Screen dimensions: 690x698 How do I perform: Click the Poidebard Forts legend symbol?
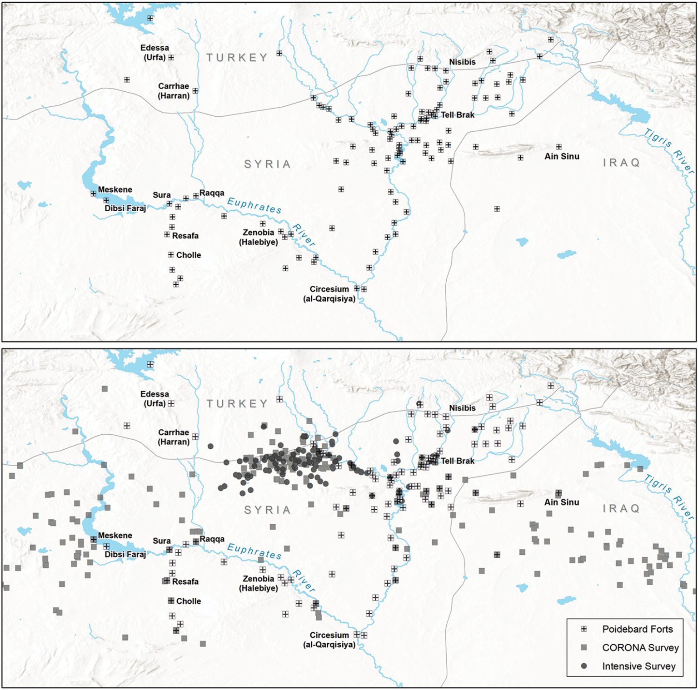tap(584, 629)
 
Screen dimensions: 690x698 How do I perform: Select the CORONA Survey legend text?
tap(640, 648)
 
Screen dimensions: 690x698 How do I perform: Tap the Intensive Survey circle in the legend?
tap(584, 666)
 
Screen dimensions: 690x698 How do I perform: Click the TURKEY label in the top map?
tap(237, 58)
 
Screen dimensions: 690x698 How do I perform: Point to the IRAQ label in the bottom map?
tap(622, 508)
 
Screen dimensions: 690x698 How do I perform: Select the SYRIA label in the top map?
tap(267, 164)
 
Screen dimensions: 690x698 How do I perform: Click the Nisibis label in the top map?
tap(462, 62)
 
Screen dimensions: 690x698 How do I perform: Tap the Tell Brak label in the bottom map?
tap(457, 461)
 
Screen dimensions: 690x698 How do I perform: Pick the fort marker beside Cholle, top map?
tap(171, 255)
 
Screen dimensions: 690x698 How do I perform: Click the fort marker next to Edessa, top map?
tap(171, 58)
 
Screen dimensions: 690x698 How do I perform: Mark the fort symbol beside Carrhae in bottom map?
tap(195, 437)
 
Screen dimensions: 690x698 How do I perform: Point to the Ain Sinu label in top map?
tap(562, 156)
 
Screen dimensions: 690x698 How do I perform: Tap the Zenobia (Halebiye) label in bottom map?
tap(259, 583)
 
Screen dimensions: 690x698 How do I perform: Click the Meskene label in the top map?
tap(115, 189)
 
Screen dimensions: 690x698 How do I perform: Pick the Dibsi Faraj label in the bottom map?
tap(125, 554)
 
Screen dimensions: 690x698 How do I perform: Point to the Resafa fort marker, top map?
tap(167, 235)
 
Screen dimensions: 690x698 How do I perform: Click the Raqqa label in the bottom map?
tap(212, 539)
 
